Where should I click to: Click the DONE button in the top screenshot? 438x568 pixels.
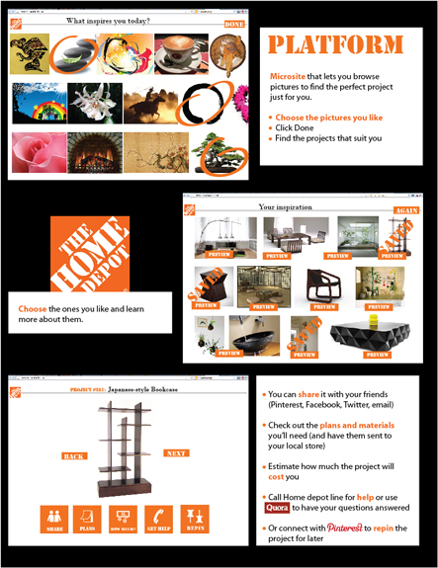(x=234, y=23)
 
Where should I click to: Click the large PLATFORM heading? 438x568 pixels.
(x=336, y=44)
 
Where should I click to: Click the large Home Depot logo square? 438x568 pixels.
(x=90, y=253)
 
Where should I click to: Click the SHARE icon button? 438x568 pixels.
(x=53, y=521)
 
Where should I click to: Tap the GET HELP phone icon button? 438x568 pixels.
(x=158, y=521)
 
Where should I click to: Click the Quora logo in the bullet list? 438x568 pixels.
(x=278, y=509)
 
